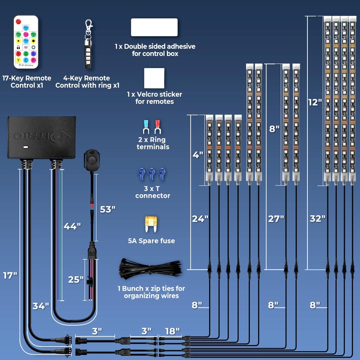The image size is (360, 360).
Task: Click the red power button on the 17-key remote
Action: click(18, 22)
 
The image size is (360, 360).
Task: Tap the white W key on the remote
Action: click(26, 47)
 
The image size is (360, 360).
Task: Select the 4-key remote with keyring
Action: click(88, 44)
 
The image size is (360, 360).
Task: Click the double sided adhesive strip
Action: click(154, 27)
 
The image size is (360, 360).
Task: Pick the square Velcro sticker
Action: click(154, 78)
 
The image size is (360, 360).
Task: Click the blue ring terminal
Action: click(146, 127)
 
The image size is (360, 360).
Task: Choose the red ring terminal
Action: click(157, 127)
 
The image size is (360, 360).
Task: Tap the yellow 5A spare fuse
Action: click(151, 224)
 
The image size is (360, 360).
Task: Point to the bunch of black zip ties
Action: click(150, 269)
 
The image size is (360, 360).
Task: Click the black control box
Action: click(41, 137)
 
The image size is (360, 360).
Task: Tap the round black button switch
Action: click(91, 160)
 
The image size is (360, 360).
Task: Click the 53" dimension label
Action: click(108, 209)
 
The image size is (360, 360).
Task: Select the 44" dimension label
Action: click(72, 226)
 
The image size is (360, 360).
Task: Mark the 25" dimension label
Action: click(76, 279)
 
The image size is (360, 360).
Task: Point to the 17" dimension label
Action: click(10, 275)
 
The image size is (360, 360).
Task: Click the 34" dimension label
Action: click(41, 306)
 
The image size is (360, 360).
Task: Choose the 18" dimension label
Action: click(172, 331)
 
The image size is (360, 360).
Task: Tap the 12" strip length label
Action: click(315, 102)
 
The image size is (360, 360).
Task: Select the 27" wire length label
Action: click(276, 219)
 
